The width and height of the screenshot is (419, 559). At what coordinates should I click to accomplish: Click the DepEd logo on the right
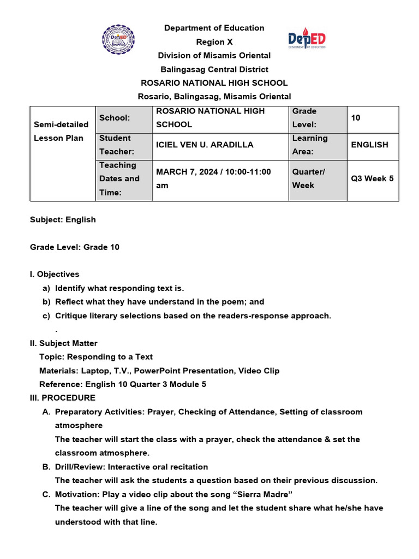coord(307,40)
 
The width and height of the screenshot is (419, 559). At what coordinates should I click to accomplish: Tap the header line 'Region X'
coord(214,41)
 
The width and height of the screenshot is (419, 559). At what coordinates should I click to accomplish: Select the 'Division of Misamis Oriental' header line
coord(214,55)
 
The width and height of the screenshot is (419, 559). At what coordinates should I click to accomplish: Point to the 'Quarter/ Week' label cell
coord(318,179)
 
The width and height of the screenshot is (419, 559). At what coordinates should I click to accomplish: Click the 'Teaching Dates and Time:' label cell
coord(123,179)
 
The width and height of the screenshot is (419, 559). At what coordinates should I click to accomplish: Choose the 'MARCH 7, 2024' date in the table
coord(185,172)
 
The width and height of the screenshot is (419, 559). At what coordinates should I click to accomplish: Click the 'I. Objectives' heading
coord(55,274)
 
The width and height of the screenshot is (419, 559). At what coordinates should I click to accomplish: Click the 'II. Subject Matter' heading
coord(64,343)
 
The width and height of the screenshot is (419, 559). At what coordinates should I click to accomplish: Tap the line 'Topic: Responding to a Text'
coord(96,356)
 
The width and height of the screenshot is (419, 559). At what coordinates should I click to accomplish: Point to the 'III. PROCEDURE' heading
coord(63,397)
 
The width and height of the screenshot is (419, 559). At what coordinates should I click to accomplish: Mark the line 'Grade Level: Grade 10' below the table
coord(75,247)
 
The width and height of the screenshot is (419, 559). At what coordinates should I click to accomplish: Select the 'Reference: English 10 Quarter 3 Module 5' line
coord(123,384)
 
